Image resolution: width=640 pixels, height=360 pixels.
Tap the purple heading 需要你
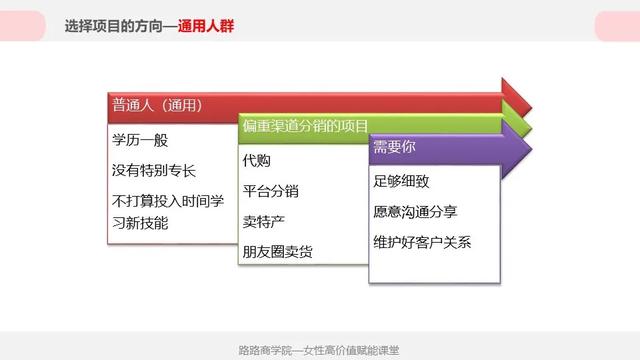[394, 147]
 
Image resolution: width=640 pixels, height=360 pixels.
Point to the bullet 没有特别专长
[154, 171]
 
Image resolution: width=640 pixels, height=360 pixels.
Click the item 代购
[256, 160]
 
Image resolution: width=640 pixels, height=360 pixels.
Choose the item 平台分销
[270, 191]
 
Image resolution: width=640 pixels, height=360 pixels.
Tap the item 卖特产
[263, 221]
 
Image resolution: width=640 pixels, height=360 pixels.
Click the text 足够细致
[400, 181]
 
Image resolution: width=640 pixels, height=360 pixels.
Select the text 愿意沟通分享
[414, 211]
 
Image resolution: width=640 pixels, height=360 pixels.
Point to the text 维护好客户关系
[421, 242]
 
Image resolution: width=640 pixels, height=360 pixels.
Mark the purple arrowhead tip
[532, 148]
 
